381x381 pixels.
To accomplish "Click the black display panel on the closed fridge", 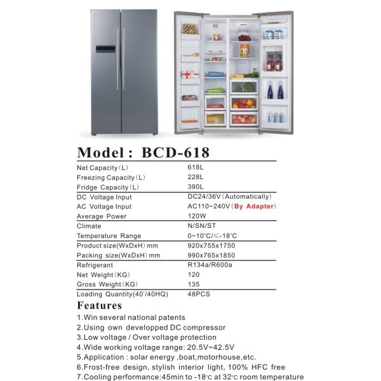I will pyautogui.click(x=105, y=49).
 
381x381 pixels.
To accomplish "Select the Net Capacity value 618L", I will pyautogui.click(x=196, y=168).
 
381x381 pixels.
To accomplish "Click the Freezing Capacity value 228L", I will pyautogui.click(x=196, y=177).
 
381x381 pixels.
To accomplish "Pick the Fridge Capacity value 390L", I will pyautogui.click(x=196, y=187).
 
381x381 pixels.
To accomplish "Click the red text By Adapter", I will pyautogui.click(x=255, y=206).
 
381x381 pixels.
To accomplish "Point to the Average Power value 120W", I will pyautogui.click(x=197, y=216).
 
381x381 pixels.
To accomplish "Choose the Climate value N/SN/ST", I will pyautogui.click(x=202, y=225).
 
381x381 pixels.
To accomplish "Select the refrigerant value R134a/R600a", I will pyautogui.click(x=210, y=265).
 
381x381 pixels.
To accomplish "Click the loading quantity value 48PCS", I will pyautogui.click(x=199, y=294).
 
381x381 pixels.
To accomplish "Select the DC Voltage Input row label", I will pyautogui.click(x=104, y=197).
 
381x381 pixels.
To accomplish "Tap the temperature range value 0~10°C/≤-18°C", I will pyautogui.click(x=212, y=236).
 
